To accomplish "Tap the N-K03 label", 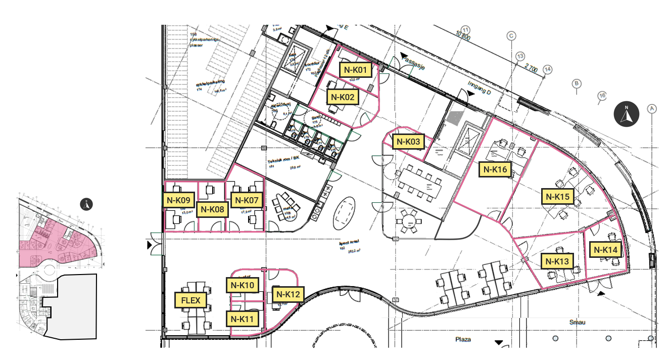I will click(x=408, y=142).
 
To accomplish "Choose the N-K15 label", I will click(x=558, y=196).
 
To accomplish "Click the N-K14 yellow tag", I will click(x=605, y=249).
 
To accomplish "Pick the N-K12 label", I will click(x=289, y=294).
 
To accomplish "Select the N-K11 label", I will click(x=243, y=319).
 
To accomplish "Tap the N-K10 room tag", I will click(x=243, y=285).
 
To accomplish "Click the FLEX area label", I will click(x=190, y=300).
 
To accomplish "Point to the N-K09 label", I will click(x=178, y=200).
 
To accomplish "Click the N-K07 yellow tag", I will click(x=245, y=200).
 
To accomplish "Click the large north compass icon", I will click(x=627, y=114).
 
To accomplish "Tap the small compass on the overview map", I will click(x=87, y=204).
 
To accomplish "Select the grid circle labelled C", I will click(x=511, y=36).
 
